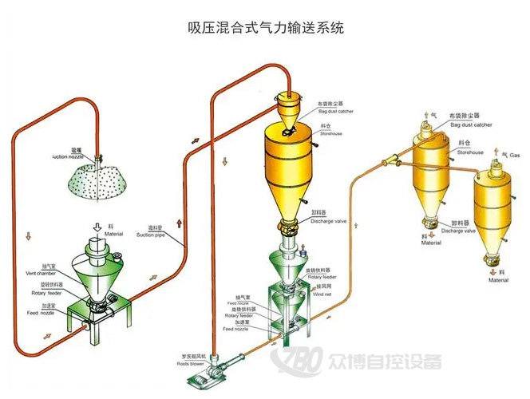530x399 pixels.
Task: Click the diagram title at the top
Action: point(265,28)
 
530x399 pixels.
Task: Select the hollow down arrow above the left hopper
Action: point(97,226)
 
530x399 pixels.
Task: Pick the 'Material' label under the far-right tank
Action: point(498,280)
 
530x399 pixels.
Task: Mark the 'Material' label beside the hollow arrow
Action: point(113,234)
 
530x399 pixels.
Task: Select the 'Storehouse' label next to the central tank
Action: point(331,134)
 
